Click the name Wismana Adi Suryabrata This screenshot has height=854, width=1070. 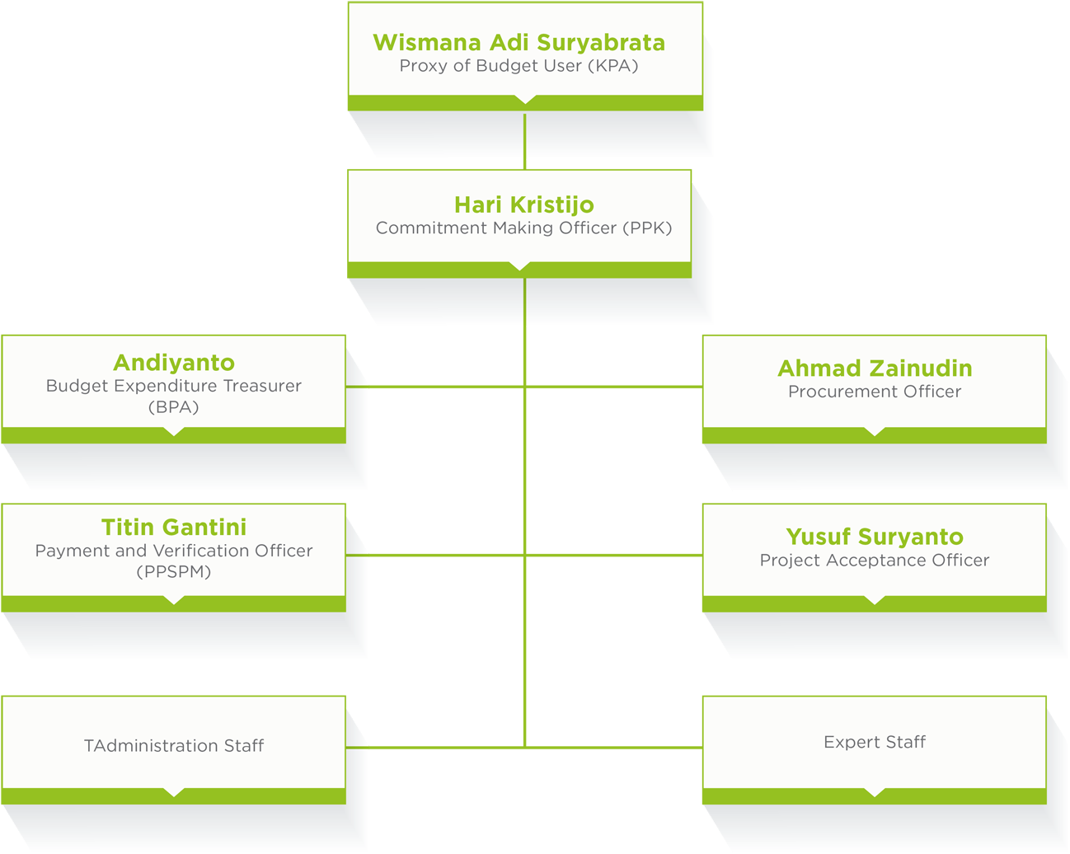coord(519,42)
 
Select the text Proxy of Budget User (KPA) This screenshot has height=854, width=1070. coord(519,66)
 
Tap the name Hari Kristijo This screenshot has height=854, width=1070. coord(523,204)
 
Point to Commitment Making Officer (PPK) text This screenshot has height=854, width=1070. coord(523,228)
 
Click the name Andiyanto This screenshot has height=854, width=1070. coord(174,363)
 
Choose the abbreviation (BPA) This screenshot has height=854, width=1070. coord(174,407)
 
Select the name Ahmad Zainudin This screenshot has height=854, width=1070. coord(875,368)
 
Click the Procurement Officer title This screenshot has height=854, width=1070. coord(875,392)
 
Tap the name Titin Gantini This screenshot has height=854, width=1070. coord(174,528)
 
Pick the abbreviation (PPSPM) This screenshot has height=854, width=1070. coord(174,572)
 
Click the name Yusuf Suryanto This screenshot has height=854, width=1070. coord(875,537)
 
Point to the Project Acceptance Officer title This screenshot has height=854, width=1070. coord(875,561)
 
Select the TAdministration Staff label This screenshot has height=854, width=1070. coord(174,746)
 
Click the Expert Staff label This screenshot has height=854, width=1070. coord(875,742)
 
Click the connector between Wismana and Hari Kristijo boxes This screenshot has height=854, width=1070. coord(524,140)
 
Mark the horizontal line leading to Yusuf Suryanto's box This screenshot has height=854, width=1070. coord(614,555)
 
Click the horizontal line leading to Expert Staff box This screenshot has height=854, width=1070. coord(614,748)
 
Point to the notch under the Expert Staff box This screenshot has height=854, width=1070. coord(875,793)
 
